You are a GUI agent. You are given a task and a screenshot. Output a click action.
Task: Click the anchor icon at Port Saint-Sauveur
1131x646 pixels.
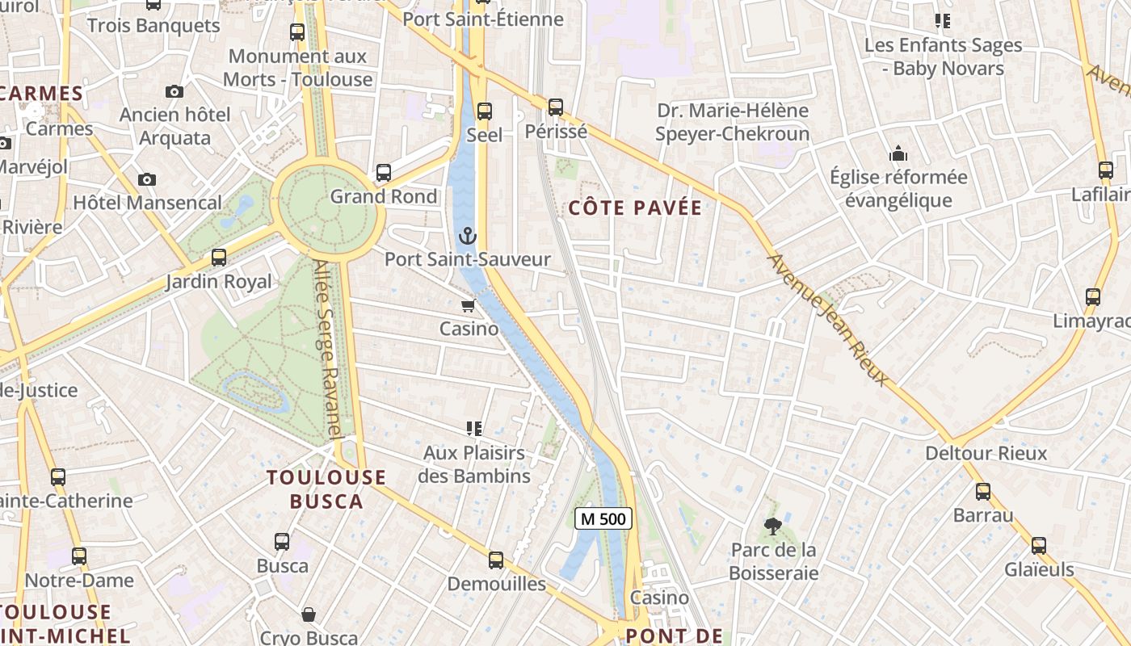pyautogui.click(x=467, y=236)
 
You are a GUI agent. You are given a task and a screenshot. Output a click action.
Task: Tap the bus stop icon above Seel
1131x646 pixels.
pyautogui.click(x=485, y=111)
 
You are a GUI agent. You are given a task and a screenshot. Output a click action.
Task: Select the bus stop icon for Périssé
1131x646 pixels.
pyautogui.click(x=555, y=107)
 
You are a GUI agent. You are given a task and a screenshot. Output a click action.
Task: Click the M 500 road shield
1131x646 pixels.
pyautogui.click(x=603, y=519)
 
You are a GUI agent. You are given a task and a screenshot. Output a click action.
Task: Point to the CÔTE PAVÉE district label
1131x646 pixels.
pyautogui.click(x=635, y=208)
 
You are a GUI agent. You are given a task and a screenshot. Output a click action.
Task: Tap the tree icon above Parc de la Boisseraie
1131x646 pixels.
pyautogui.click(x=773, y=526)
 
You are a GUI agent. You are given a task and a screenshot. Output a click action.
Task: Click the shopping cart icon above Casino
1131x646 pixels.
pyautogui.click(x=468, y=306)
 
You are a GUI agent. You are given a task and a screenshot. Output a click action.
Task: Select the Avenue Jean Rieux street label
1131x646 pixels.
pyautogui.click(x=828, y=320)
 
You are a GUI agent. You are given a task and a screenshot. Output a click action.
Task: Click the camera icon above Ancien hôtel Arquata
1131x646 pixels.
pyautogui.click(x=174, y=91)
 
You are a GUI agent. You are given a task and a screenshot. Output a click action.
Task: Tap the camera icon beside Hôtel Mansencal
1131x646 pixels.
pyautogui.click(x=146, y=179)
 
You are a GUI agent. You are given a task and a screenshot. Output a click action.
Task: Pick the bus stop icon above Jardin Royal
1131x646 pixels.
pyautogui.click(x=218, y=258)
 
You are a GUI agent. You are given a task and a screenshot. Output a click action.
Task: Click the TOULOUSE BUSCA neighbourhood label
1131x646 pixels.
pyautogui.click(x=326, y=489)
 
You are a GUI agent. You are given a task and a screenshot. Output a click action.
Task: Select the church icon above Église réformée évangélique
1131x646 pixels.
pyautogui.click(x=898, y=153)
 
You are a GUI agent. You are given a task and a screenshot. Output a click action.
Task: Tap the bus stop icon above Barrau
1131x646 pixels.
pyautogui.click(x=982, y=491)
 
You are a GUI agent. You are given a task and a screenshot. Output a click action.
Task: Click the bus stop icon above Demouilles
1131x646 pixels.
pyautogui.click(x=496, y=560)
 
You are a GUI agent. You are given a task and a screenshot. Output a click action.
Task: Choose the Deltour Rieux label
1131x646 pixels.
pyautogui.click(x=986, y=453)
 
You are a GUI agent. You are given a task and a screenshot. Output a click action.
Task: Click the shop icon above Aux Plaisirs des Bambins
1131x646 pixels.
pyautogui.click(x=473, y=429)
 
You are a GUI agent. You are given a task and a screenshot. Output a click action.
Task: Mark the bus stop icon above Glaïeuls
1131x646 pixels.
pyautogui.click(x=1038, y=546)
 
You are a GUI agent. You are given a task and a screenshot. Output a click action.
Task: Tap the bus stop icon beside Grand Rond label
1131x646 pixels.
pyautogui.click(x=384, y=173)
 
